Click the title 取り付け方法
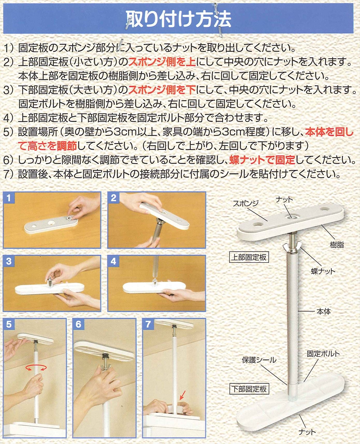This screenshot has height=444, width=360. pyautogui.click(x=179, y=19)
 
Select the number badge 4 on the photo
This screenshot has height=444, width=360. pyautogui.click(x=113, y=261)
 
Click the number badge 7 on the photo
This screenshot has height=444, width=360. pyautogui.click(x=148, y=325)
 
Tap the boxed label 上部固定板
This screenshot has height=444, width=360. pyautogui.click(x=249, y=257)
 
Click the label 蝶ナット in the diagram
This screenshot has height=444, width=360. pyautogui.click(x=323, y=271)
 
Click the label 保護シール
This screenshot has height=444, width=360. pyautogui.click(x=259, y=360)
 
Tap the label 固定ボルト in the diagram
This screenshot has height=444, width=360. pyautogui.click(x=323, y=354)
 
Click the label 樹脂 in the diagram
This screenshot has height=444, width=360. pyautogui.click(x=337, y=245)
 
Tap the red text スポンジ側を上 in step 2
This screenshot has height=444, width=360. pyautogui.click(x=162, y=62)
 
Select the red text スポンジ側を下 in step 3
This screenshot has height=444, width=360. pyautogui.click(x=162, y=90)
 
